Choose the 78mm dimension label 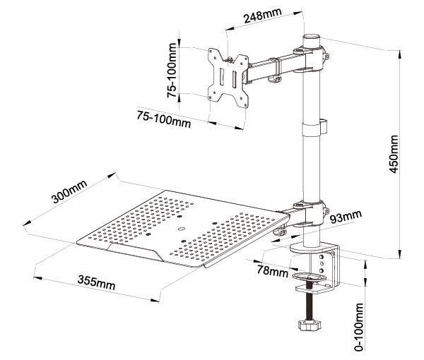tap(272, 268)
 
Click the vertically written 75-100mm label tap(171, 71)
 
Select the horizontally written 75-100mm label tap(164, 119)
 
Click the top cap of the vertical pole tap(310, 37)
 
